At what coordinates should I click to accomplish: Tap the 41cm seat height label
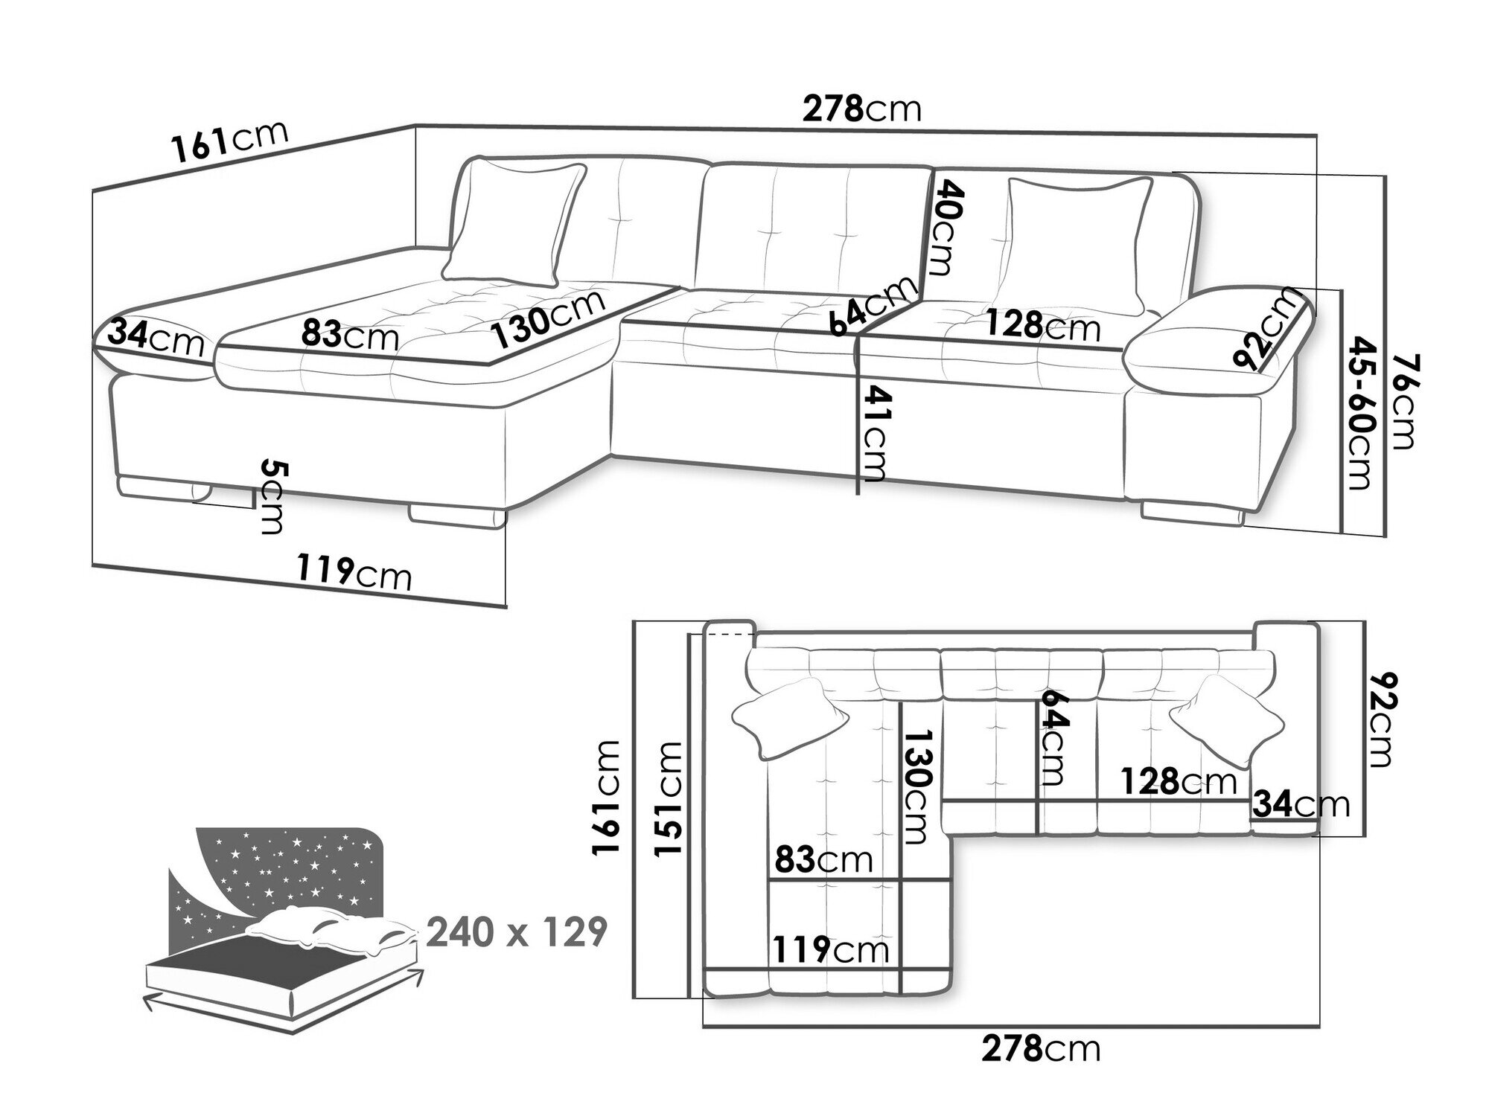tap(873, 433)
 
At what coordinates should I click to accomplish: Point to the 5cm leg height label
tap(272, 497)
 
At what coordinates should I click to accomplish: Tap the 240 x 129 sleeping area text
tap(517, 931)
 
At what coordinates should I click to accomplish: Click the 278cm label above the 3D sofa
tap(861, 109)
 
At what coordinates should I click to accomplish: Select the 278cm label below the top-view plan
tap(1040, 1049)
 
